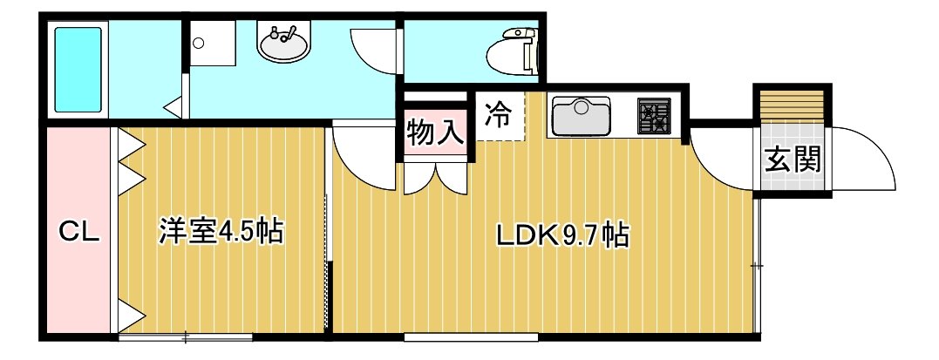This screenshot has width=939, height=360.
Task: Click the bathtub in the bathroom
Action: pos(78,70)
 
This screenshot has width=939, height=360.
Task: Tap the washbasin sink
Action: pos(284,43)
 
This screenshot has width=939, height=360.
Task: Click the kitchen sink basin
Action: pos(581,117)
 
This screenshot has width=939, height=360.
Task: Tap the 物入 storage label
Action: pos(435,133)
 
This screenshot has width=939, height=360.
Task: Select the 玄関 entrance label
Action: pos(793,160)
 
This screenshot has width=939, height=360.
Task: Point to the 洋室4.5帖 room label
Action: pos(221,233)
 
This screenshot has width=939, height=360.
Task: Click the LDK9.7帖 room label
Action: pos(562,235)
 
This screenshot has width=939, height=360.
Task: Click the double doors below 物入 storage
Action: pos(435,178)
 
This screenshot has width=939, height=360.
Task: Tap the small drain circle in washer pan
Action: pos(199,43)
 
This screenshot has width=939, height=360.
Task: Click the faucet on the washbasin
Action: pos(284,31)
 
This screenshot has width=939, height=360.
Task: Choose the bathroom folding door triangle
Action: pos(174,106)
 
